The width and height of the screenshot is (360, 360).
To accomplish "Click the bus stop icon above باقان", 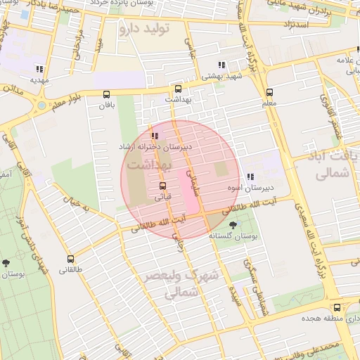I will pyautogui.click(x=107, y=94).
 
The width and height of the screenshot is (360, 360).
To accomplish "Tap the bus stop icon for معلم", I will pyautogui.click(x=269, y=92).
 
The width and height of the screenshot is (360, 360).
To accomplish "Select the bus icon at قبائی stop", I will pyautogui.click(x=163, y=186).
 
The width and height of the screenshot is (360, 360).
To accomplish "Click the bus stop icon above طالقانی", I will pyautogui.click(x=70, y=259).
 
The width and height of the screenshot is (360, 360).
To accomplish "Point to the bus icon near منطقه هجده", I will pyautogui.click(x=337, y=307).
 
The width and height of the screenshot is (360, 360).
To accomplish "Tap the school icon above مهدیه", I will pyautogui.click(x=38, y=69).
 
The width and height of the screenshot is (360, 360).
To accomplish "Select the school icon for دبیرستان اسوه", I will pyautogui.click(x=250, y=177).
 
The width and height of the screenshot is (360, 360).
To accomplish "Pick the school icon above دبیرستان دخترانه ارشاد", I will pyautogui.click(x=155, y=136).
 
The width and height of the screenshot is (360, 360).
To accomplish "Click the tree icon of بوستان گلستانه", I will pyautogui.click(x=233, y=225).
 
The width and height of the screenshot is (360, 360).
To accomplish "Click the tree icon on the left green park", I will pyautogui.click(x=6, y=262).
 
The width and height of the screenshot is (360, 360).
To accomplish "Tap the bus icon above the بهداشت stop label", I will pyautogui.click(x=178, y=89).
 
